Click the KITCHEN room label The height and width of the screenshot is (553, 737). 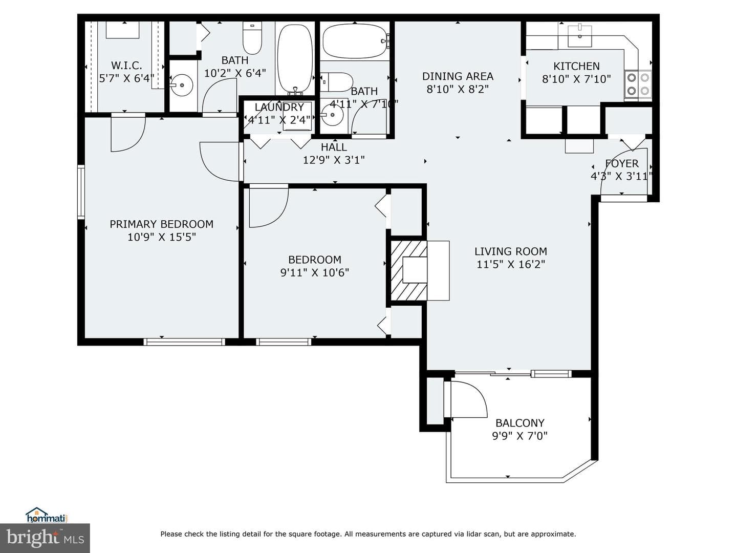tap(576, 66)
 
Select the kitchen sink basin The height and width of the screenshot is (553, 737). tap(580, 36)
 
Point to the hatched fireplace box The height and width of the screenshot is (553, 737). tap(408, 270)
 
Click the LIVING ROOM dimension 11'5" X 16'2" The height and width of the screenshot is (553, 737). tap(511, 264)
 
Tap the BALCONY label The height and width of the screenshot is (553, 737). tap(520, 423)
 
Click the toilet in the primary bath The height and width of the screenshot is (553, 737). tap(252, 38)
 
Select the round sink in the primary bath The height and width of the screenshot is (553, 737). tap(182, 86)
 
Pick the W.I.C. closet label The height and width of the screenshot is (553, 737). tap(126, 65)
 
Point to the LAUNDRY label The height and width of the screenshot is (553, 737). tap(279, 107)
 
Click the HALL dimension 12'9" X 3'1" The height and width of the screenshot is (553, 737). tap(334, 160)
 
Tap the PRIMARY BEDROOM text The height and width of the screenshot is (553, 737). tap(162, 224)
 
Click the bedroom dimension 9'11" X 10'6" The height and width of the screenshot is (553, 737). tap(315, 272)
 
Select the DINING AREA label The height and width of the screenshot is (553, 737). tap(458, 76)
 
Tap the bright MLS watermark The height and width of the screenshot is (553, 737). tap(45, 538)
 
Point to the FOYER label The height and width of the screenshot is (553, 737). tap(622, 163)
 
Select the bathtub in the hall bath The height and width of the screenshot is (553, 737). tap(356, 41)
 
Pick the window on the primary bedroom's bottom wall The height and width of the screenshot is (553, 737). tap(184, 342)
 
